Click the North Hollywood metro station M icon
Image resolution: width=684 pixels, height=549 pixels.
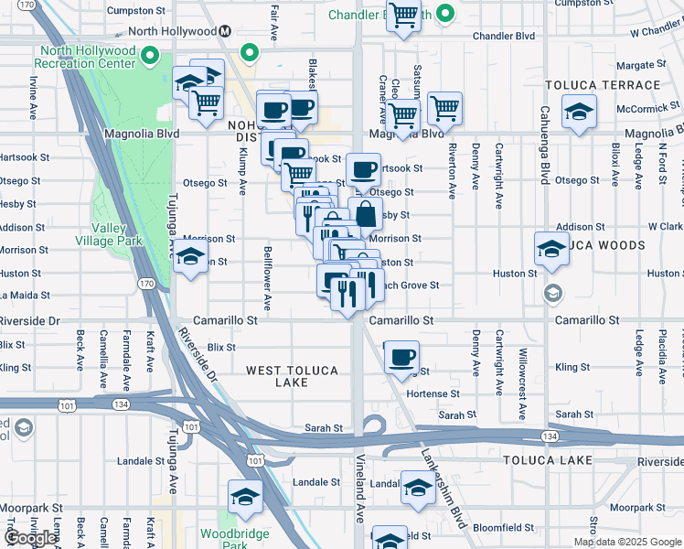(223, 31)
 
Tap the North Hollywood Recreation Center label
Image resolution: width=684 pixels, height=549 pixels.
(84, 57)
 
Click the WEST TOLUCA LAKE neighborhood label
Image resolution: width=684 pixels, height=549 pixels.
(292, 376)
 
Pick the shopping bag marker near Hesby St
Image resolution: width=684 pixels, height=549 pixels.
(365, 215)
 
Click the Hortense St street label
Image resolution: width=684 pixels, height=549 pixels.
(436, 393)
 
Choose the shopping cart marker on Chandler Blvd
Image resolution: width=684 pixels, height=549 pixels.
(403, 16)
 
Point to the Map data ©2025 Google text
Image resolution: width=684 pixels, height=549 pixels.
(627, 542)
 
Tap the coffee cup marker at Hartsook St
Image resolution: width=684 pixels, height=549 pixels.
(363, 169)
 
